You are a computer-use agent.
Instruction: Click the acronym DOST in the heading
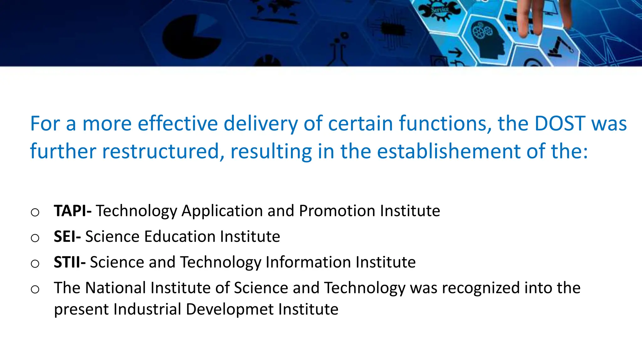pos(560,123)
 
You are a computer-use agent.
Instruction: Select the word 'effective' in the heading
pos(178,123)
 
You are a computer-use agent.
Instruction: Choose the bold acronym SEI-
pos(67,236)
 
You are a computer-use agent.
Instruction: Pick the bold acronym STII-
pos(70,262)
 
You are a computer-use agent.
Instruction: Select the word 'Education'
pos(180,236)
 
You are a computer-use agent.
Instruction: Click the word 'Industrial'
pos(147,309)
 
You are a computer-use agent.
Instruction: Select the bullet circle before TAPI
pos(35,212)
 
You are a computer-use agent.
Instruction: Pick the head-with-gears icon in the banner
pos(487,39)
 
